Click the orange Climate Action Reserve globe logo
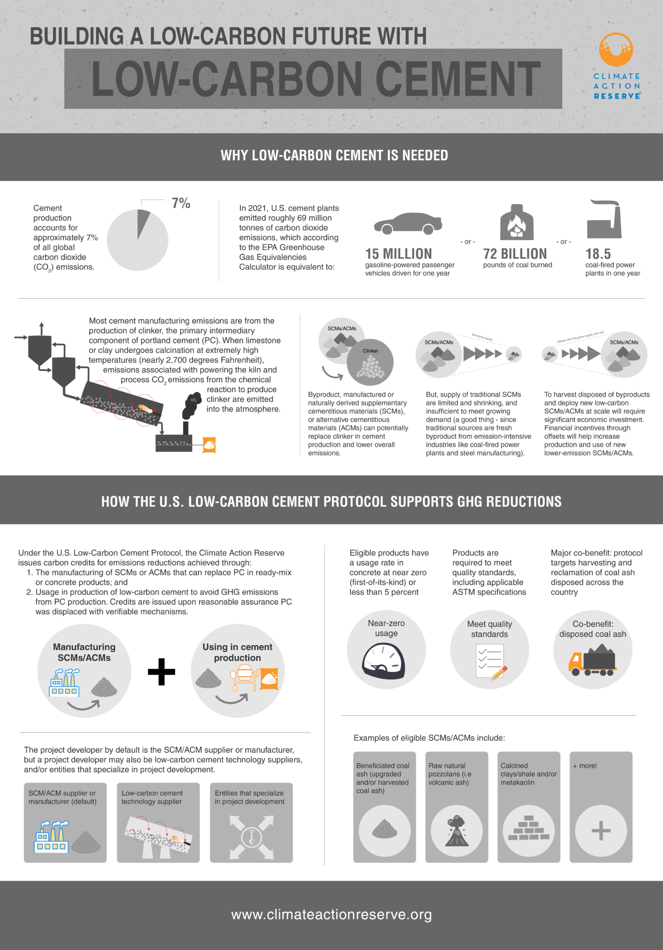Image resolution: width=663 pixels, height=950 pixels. coord(616,49)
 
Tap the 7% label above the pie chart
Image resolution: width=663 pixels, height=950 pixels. coord(181,203)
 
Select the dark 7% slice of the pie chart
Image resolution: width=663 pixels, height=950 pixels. coord(143,223)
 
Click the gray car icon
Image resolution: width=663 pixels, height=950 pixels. coord(408,224)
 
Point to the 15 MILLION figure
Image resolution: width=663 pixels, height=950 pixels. coord(398,254)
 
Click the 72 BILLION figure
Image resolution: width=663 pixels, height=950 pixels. coord(515,254)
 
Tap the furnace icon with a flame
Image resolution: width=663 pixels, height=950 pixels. coord(516,223)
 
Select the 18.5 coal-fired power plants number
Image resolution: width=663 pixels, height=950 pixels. coord(598,254)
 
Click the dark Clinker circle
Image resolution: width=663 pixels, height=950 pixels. coord(370,362)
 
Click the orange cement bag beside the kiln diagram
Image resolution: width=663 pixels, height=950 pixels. coord(209,445)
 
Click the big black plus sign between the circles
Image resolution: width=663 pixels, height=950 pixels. coord(161,671)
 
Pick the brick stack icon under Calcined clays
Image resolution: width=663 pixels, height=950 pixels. coord(528,828)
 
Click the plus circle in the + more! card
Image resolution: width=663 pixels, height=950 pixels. coord(601,830)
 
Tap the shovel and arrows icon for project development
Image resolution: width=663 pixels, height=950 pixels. coord(251,837)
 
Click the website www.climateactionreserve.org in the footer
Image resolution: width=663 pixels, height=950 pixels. coord(331,914)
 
